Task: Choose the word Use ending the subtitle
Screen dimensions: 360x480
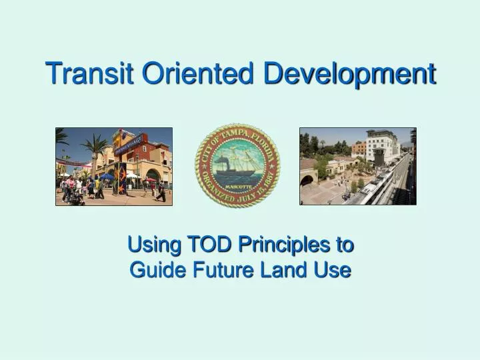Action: click(335, 270)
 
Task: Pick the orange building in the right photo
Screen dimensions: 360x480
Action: click(359, 148)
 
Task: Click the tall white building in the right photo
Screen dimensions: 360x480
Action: click(379, 146)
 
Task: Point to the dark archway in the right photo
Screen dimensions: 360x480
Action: click(307, 180)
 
